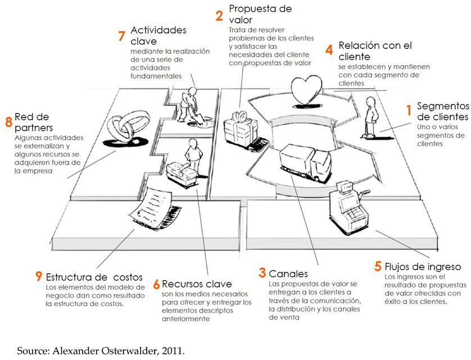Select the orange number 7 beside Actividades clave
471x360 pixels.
(x=121, y=35)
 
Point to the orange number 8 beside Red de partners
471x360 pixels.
(x=8, y=121)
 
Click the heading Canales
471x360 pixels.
(x=288, y=274)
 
